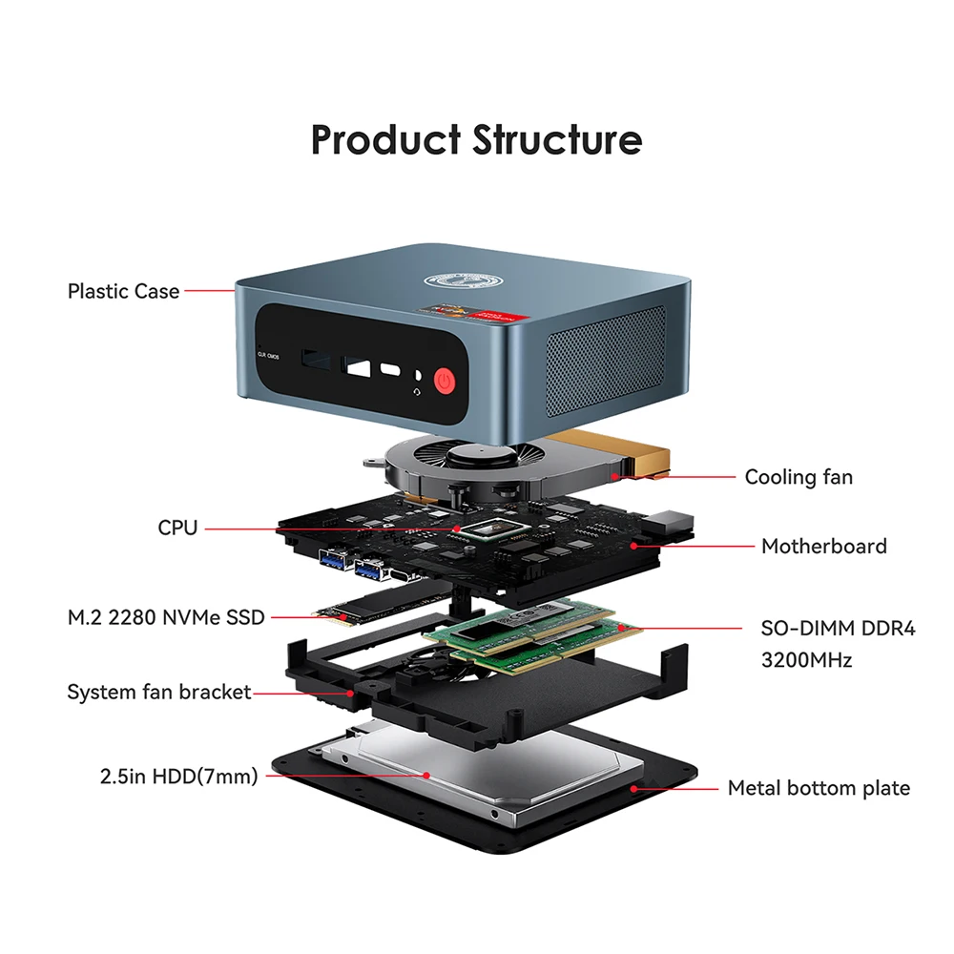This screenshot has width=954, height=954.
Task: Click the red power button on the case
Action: pos(445,382)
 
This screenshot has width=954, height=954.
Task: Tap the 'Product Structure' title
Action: pos(476,139)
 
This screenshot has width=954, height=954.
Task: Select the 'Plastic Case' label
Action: pos(123,291)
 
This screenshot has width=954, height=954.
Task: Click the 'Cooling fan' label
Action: pos(798,477)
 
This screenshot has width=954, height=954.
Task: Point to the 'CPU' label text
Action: pos(177,528)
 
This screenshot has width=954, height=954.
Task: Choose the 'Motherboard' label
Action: pos(824,547)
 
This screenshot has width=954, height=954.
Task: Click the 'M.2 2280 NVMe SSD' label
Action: pos(165,617)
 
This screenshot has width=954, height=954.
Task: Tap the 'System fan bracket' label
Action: pos(158,693)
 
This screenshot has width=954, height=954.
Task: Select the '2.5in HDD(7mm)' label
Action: pos(179,777)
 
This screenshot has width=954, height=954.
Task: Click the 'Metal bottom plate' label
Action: pos(819,789)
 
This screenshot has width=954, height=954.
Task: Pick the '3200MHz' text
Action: pos(806,660)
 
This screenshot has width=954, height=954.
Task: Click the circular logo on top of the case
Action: pos(463,281)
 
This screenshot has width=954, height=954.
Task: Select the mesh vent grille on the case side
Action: pos(606,361)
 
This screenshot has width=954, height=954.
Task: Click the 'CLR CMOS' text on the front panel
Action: pos(268,355)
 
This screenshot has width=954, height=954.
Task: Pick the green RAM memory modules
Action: pos(532,635)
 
